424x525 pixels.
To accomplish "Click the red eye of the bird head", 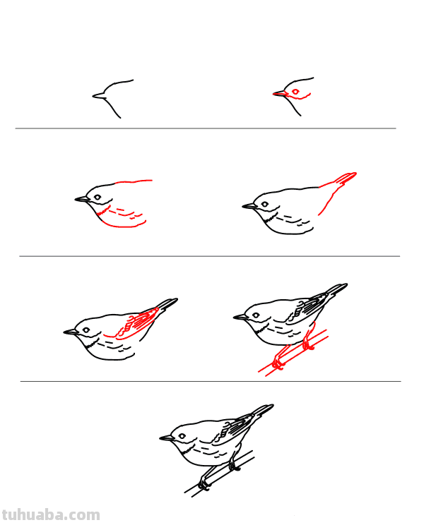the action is pos(295,92).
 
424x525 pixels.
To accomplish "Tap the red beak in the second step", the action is pos(281,93).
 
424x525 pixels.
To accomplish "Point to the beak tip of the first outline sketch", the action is pos(93,96).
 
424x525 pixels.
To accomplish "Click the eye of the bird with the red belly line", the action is pos(98,197).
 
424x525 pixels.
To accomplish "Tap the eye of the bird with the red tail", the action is pos(265,204).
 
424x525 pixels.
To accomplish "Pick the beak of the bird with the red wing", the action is pos(71,332).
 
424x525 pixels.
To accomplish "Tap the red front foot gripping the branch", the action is pos(278,363).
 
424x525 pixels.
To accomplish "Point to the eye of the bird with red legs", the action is pos(256,315).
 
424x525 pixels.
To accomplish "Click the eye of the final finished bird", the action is pos(182,436).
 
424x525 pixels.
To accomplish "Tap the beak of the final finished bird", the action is pos(167,437).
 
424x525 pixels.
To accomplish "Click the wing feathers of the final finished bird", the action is pos(233,428).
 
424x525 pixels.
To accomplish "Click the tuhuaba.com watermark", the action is pos(51,515).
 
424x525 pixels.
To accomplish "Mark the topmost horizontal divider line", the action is pos(206,128).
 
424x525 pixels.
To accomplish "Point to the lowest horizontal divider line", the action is pos(211,381).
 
